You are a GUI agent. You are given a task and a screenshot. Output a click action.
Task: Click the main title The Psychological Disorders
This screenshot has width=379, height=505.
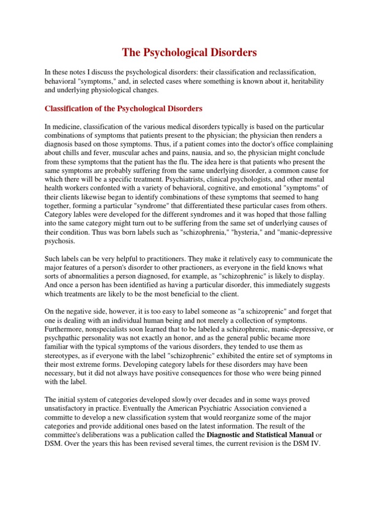tap(189, 52)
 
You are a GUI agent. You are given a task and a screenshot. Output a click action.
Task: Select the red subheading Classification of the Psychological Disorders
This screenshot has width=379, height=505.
tap(124, 108)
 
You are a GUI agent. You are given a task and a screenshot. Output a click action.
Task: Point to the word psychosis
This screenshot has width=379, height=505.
tap(60, 242)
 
